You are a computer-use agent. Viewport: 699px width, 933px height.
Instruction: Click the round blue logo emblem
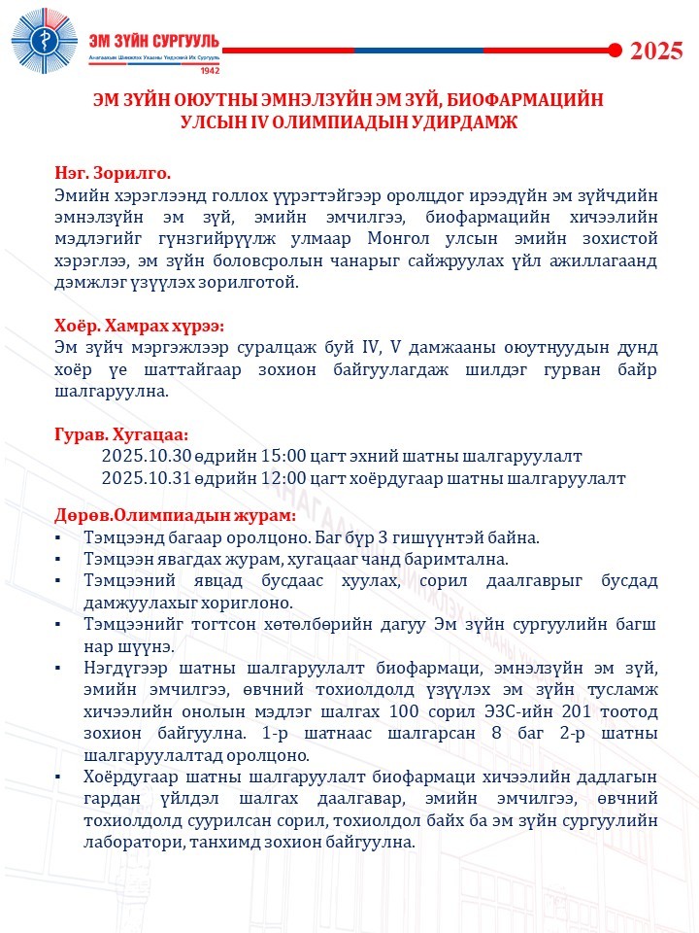[45, 45]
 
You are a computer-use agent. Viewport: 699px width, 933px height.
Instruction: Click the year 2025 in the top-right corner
[657, 52]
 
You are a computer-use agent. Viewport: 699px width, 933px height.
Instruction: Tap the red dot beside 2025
[614, 50]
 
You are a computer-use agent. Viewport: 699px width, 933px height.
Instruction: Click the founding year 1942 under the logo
[208, 72]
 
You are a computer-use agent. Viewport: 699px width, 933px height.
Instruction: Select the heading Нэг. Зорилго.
[113, 174]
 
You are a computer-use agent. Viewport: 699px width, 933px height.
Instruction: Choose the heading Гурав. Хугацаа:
[121, 433]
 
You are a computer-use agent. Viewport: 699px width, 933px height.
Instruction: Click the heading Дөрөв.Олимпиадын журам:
[175, 514]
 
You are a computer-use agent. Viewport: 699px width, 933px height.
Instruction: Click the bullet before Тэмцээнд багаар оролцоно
[60, 537]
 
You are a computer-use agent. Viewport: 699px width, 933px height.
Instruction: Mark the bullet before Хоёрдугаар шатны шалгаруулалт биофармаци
[60, 777]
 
